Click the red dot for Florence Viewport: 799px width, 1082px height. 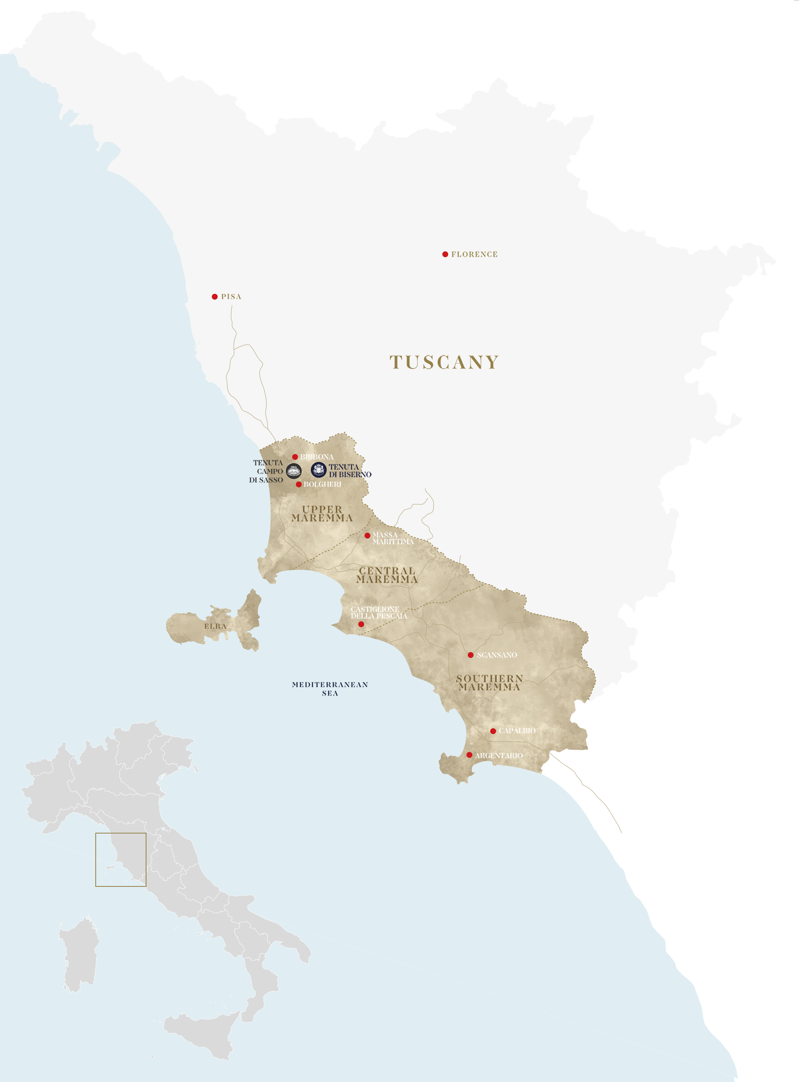tap(445, 254)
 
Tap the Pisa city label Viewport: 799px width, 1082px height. tap(231, 296)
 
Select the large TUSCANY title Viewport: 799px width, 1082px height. tap(444, 362)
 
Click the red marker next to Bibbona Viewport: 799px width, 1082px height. tap(295, 457)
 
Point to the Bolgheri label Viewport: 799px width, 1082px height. tap(322, 484)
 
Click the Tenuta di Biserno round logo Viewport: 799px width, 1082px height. tap(319, 470)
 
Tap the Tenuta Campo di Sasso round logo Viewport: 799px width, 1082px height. tap(293, 471)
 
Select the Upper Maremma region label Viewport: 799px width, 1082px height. tap(322, 514)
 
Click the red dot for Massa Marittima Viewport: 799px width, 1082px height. tap(367, 536)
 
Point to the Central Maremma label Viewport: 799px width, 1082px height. tap(387, 575)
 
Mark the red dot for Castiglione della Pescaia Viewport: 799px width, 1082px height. tap(361, 624)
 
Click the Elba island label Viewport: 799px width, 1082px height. tap(215, 626)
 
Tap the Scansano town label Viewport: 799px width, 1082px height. tap(497, 655)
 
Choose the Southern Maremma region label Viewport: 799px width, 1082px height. tap(489, 682)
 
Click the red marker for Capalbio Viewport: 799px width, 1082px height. tap(493, 731)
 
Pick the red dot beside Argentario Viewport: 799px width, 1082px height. tap(469, 755)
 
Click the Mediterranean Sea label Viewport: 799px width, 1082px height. tap(330, 689)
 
